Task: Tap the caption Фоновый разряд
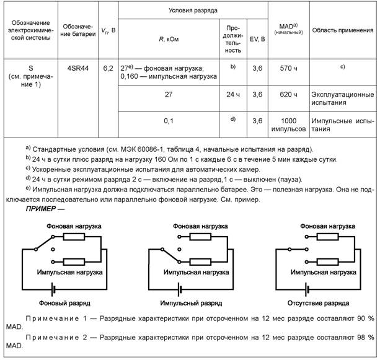(64, 304)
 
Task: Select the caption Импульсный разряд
(188, 304)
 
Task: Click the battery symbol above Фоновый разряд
(55, 289)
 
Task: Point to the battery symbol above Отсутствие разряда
(307, 289)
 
